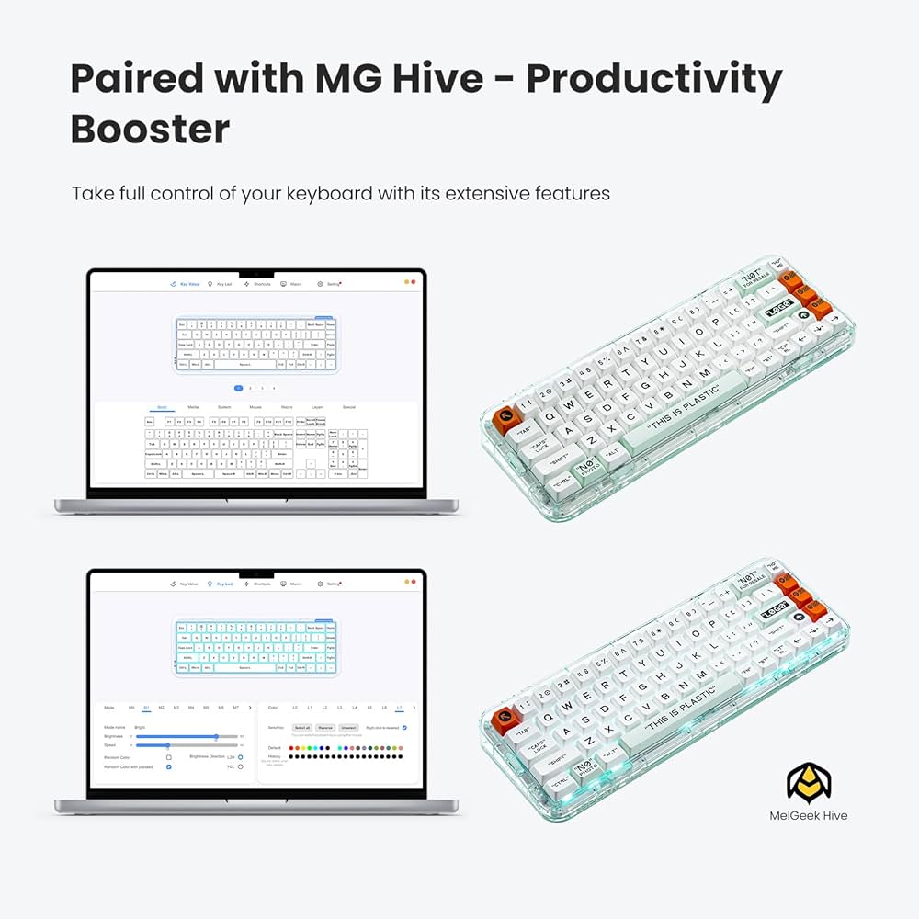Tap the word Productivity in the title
pos(653,80)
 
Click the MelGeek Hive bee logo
pos(808,782)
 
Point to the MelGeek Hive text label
pos(809,815)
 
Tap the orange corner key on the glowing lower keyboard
pos(503,720)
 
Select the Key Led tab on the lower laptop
pos(221,584)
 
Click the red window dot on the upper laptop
pos(414,284)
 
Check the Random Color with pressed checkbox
pos(168,766)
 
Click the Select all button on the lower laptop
pos(301,727)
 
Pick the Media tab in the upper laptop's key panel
pos(193,406)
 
